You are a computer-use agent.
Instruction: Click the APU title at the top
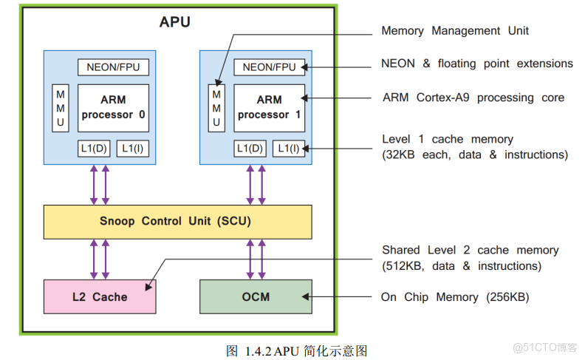coord(174,22)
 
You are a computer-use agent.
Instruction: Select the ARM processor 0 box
coord(113,107)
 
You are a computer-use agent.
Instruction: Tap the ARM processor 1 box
coord(269,107)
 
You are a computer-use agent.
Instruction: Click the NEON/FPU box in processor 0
coord(113,67)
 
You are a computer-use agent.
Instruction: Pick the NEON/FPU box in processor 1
coord(269,67)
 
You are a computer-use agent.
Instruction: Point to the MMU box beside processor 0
coord(61,108)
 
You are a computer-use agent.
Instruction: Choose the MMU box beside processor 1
coord(216,108)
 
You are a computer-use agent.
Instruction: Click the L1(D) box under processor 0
coord(94,148)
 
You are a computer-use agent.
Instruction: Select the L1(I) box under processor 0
coord(132,148)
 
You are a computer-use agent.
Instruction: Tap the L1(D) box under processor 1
coord(250,148)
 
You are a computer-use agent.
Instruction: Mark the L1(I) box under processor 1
coord(288,148)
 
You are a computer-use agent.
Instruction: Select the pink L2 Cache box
coord(100,296)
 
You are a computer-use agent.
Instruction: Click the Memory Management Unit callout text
coord(454,31)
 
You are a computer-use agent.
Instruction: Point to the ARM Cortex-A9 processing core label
coord(473,98)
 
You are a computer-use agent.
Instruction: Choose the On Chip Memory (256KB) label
coord(454,297)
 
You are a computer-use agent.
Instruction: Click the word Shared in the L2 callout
coord(400,251)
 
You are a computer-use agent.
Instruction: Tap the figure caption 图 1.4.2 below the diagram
coord(296,350)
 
